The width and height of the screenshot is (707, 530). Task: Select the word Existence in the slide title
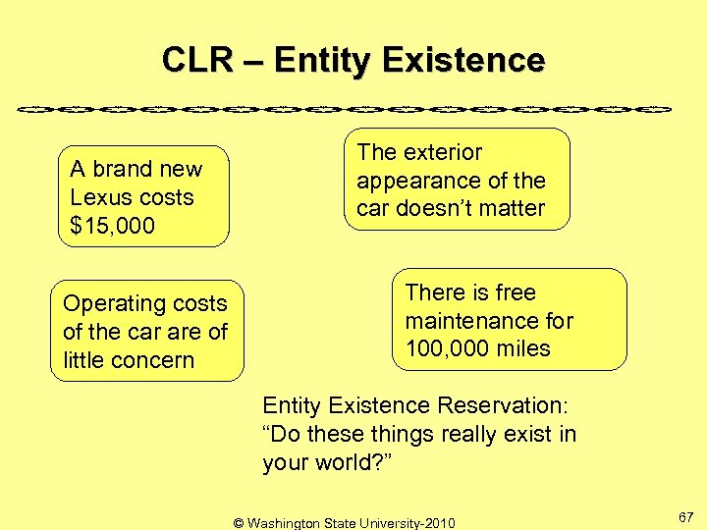point(462,61)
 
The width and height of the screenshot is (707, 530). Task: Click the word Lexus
point(101,197)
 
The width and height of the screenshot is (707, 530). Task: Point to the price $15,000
point(113,226)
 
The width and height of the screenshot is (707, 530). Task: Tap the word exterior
point(441,152)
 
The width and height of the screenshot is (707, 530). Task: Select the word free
point(515,292)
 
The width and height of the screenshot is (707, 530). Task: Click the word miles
point(524,348)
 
